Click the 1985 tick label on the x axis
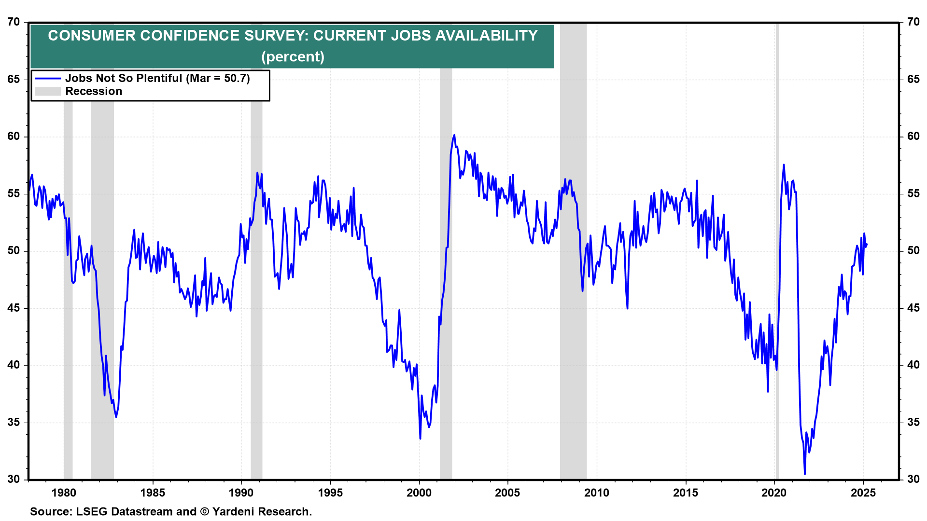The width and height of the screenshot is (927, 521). click(153, 493)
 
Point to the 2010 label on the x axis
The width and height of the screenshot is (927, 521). click(597, 493)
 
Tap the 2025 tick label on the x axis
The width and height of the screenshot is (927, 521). click(863, 493)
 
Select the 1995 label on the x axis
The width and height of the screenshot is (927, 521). click(330, 493)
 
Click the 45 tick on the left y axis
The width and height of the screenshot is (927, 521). click(14, 308)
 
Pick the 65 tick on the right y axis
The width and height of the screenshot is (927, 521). click(913, 79)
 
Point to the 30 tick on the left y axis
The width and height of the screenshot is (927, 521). click(14, 479)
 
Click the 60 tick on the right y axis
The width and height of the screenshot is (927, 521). click(913, 137)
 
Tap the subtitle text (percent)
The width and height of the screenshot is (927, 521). click(293, 57)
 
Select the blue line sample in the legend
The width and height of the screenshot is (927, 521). click(48, 79)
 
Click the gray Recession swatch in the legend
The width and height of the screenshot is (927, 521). click(48, 92)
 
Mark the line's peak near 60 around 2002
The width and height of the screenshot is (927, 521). click(454, 136)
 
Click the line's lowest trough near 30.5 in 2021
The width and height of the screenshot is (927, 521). click(805, 474)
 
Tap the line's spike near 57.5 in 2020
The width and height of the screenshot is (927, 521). click(784, 165)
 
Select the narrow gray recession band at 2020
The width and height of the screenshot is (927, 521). click(777, 251)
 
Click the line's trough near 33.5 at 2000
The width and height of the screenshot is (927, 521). click(420, 438)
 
